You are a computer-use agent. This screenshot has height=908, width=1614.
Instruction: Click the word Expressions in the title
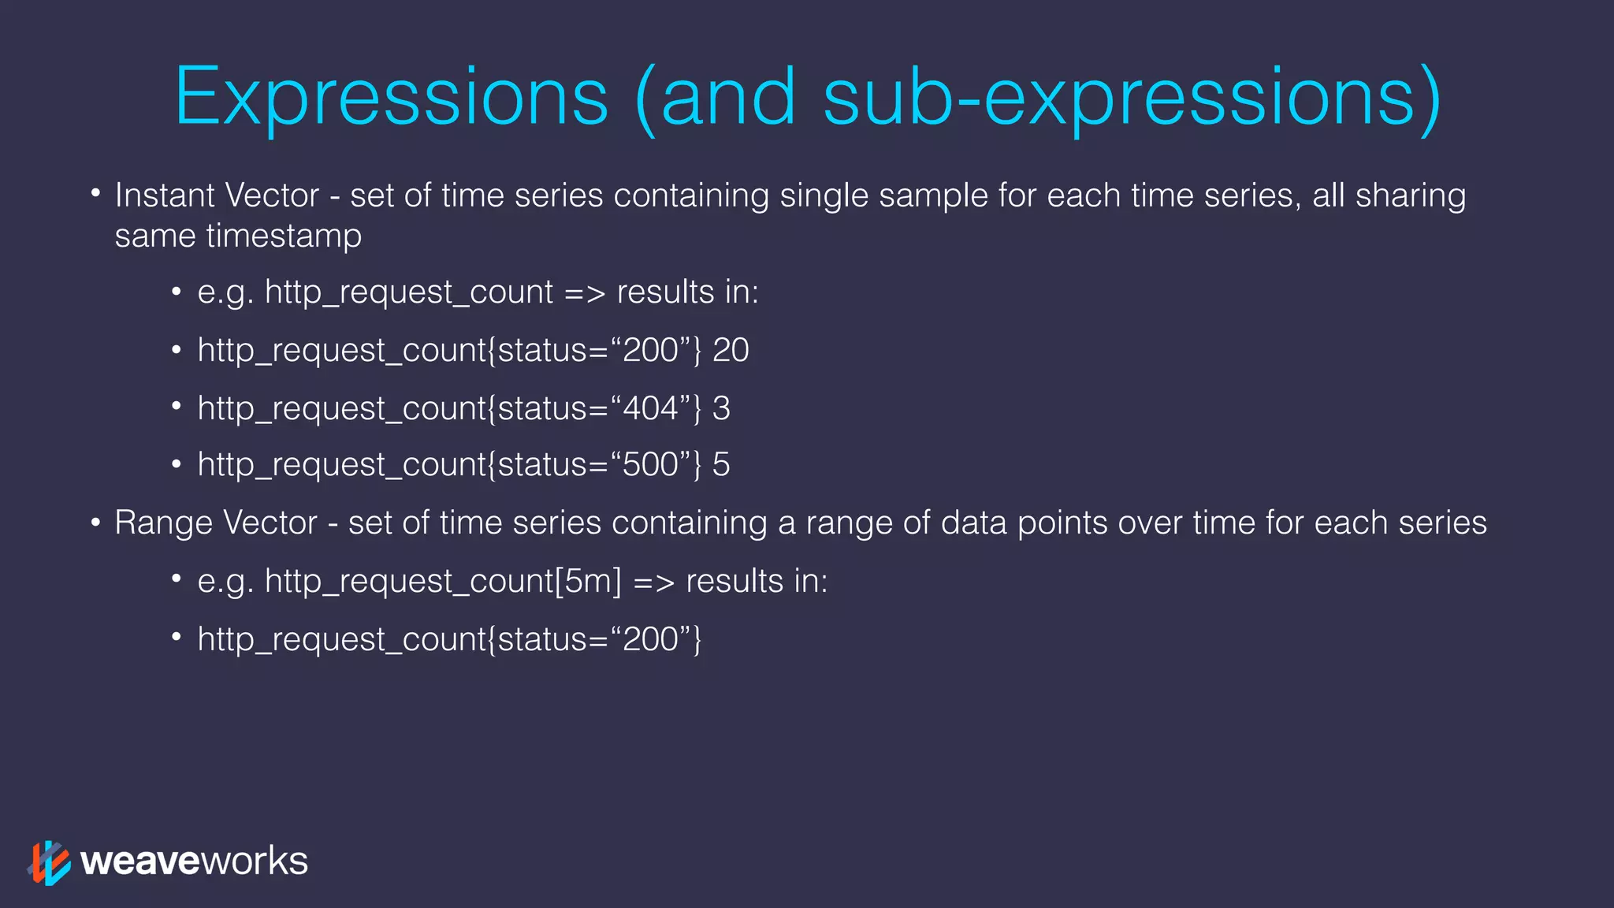point(391,98)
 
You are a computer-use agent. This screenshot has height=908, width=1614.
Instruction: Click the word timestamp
point(284,236)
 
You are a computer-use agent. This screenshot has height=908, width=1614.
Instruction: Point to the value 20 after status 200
point(731,350)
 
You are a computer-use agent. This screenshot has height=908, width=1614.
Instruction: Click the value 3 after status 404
point(721,408)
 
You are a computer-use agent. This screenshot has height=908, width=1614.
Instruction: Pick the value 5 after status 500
point(721,465)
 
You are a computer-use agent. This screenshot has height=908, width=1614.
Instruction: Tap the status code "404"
point(650,408)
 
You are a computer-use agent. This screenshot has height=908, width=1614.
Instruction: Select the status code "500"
point(650,465)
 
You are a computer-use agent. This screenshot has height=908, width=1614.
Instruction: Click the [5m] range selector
point(588,582)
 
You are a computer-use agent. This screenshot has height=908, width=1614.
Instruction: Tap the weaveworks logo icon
point(50,862)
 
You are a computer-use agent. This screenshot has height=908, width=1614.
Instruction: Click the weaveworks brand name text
point(194,861)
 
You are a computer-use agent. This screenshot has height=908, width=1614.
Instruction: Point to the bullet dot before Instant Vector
point(95,193)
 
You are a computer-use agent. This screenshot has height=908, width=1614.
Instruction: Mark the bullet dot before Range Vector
point(95,522)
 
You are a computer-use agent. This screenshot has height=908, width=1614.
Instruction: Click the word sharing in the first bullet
point(1410,195)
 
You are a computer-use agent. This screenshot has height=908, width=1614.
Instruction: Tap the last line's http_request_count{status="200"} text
point(449,639)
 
